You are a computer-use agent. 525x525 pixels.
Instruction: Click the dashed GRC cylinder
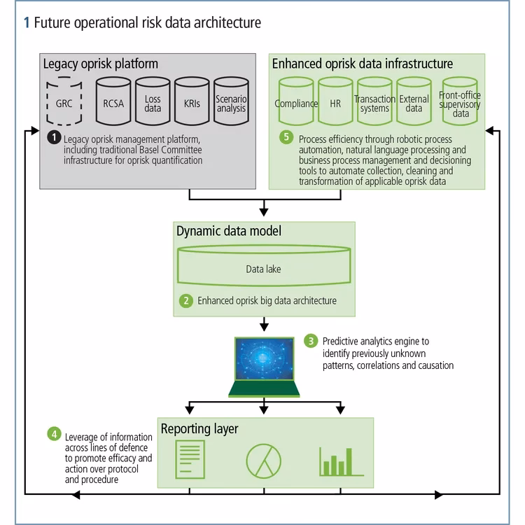tap(64, 103)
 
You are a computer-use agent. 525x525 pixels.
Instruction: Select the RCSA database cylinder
tap(113, 103)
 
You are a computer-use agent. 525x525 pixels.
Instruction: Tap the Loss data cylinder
tap(153, 103)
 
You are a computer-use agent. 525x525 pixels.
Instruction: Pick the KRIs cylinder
tap(192, 103)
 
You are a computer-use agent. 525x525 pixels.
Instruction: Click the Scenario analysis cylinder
tap(231, 103)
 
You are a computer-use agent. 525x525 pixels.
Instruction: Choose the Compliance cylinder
tap(296, 103)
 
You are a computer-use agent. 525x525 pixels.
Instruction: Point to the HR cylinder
tap(335, 103)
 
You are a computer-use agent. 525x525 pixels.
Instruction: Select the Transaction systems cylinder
tap(374, 103)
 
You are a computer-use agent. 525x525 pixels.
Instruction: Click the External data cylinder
tap(414, 103)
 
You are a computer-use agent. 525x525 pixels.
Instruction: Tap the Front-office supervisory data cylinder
tap(459, 103)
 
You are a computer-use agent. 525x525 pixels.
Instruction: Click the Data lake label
tap(263, 268)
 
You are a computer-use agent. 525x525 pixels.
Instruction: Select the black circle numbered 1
tap(53, 137)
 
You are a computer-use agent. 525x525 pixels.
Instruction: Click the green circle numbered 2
tap(186, 300)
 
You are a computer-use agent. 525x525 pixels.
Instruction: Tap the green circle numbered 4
tap(54, 433)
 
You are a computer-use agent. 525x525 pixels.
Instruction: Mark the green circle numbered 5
tap(286, 137)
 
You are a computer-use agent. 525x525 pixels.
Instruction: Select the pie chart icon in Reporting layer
tap(263, 461)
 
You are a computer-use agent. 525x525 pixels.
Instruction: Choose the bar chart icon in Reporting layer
tap(340, 461)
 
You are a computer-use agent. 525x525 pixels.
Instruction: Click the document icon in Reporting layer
tap(187, 461)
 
